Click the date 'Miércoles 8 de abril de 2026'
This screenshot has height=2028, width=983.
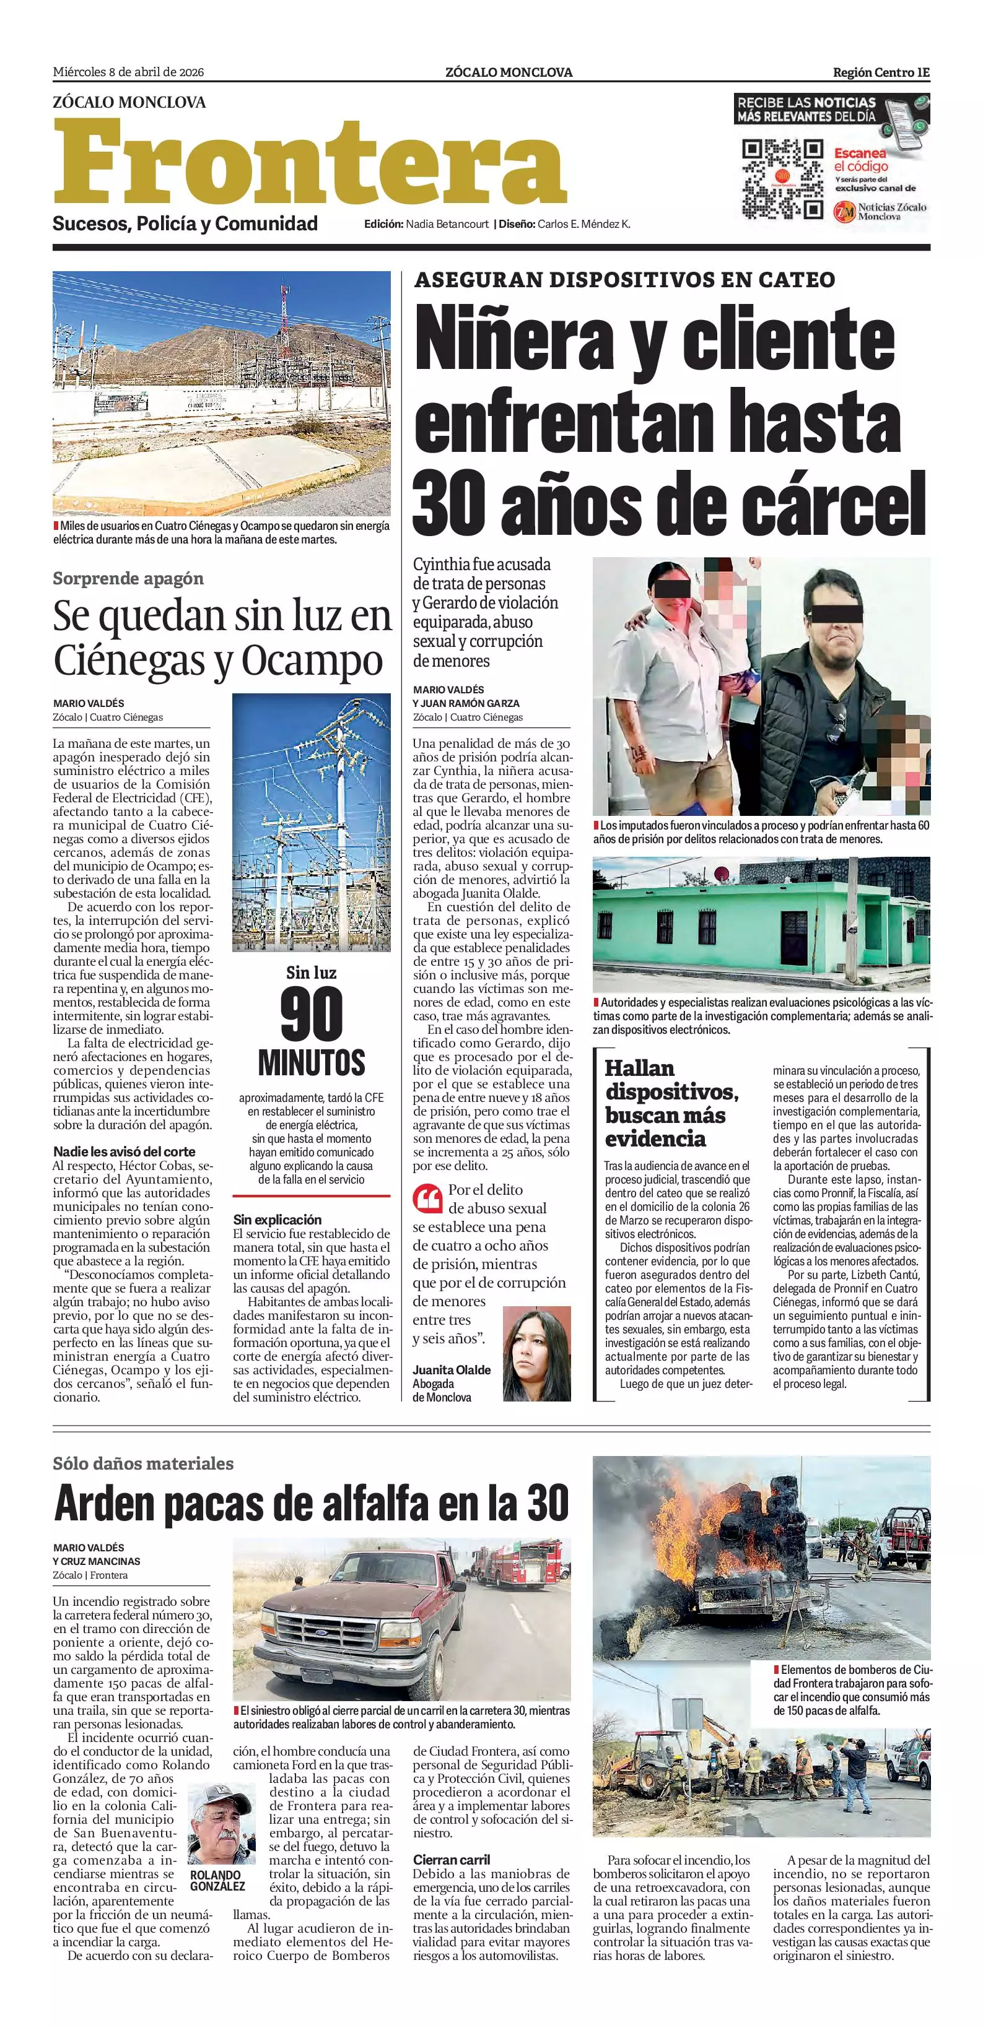coord(128,72)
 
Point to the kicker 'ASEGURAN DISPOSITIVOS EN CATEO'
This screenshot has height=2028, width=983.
coord(624,279)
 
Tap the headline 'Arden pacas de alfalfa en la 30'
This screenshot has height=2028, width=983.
coord(311,1504)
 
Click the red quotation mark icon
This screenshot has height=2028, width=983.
coord(427,1199)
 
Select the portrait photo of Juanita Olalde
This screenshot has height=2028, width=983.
coord(536,1353)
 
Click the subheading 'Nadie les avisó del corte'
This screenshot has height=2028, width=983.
coord(125,1151)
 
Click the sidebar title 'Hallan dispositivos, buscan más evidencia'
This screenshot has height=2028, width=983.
coord(671,1103)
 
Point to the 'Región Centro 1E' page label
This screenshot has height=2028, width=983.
coord(881,72)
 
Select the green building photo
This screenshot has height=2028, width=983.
coord(761,925)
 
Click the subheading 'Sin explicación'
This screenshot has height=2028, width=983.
coord(277,1220)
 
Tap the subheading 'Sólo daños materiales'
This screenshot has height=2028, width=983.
coord(143,1463)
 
